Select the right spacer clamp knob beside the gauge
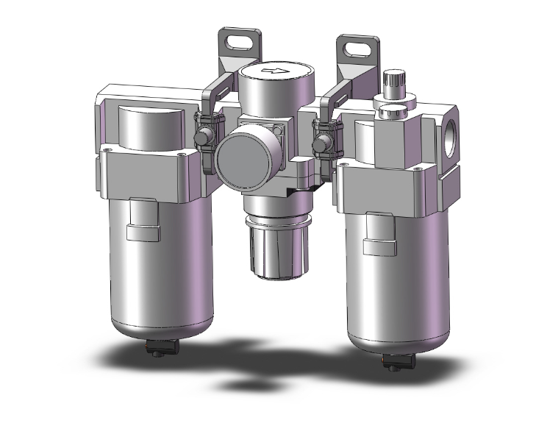(322, 143)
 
